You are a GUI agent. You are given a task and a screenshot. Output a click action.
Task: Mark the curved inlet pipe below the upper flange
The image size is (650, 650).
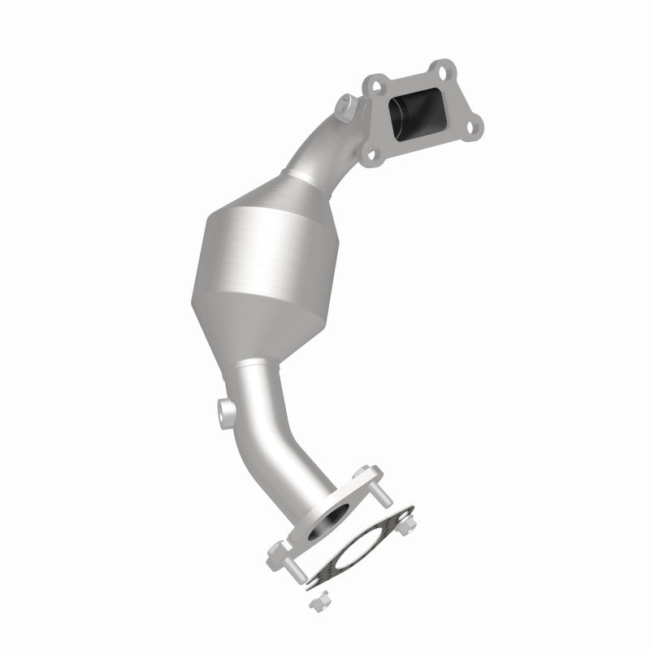point(333,146)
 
